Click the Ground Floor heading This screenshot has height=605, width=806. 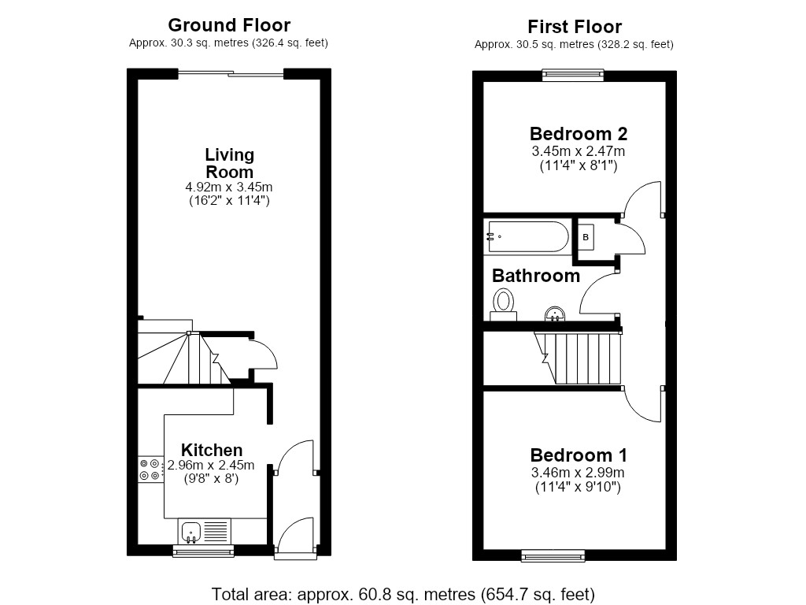pyautogui.click(x=229, y=24)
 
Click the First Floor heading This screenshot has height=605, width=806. pyautogui.click(x=575, y=26)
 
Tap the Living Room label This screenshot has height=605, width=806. pyautogui.click(x=229, y=163)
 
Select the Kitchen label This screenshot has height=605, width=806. pyautogui.click(x=212, y=450)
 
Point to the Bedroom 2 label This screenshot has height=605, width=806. pyautogui.click(x=579, y=134)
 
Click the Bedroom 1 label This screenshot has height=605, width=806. pyautogui.click(x=579, y=455)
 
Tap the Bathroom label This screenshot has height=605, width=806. pyautogui.click(x=535, y=276)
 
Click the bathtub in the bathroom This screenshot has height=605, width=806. pyautogui.click(x=527, y=236)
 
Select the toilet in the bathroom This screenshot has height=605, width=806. pyautogui.click(x=503, y=304)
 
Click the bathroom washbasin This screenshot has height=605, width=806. pyautogui.click(x=555, y=314)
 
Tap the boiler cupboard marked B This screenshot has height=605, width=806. pyautogui.click(x=586, y=237)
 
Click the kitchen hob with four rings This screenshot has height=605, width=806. pyautogui.click(x=150, y=470)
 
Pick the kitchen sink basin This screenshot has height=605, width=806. pyautogui.click(x=191, y=532)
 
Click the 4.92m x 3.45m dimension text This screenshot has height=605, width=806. pyautogui.click(x=229, y=187)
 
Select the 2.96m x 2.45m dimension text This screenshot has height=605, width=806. pyautogui.click(x=211, y=466)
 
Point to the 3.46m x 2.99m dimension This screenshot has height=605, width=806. pyautogui.click(x=579, y=473)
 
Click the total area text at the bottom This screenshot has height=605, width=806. pyautogui.click(x=403, y=594)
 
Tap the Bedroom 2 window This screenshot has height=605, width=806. pyautogui.click(x=573, y=76)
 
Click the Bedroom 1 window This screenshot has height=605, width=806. pyautogui.click(x=553, y=555)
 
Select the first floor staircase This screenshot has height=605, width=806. pyautogui.click(x=579, y=358)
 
